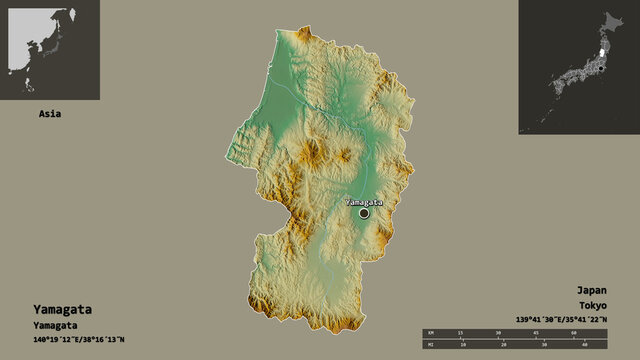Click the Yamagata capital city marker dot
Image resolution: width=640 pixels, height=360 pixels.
point(364,213)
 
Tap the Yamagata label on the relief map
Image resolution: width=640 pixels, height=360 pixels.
point(364,201)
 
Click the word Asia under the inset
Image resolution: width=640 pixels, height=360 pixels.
point(49,114)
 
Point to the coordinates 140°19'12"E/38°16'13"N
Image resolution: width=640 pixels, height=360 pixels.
point(75,340)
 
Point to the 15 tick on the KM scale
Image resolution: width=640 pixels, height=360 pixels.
point(459,332)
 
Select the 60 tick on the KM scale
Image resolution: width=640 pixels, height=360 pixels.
point(574,332)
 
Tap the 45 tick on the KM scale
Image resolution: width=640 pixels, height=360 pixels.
point(536,332)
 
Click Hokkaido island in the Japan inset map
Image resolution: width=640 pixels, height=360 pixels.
point(612,20)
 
